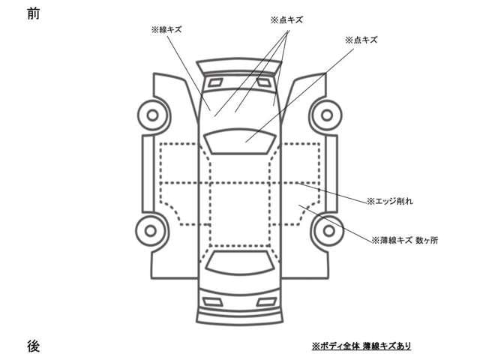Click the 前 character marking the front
[33, 13]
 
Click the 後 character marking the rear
[33, 346]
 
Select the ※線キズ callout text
[166, 30]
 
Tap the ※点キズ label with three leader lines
[286, 20]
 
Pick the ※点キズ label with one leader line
[361, 40]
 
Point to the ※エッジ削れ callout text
[390, 201]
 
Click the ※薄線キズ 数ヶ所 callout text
[405, 240]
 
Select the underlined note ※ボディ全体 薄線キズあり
[361, 346]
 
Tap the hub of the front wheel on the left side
[153, 115]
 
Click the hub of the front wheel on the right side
[327, 115]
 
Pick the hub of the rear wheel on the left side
[151, 231]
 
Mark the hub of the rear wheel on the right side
[328, 231]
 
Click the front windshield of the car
[240, 141]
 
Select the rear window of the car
[240, 262]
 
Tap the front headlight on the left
[215, 82]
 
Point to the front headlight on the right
[263, 82]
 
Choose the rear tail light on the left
[213, 301]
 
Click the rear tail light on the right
[266, 301]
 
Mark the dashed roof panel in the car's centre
[240, 214]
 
